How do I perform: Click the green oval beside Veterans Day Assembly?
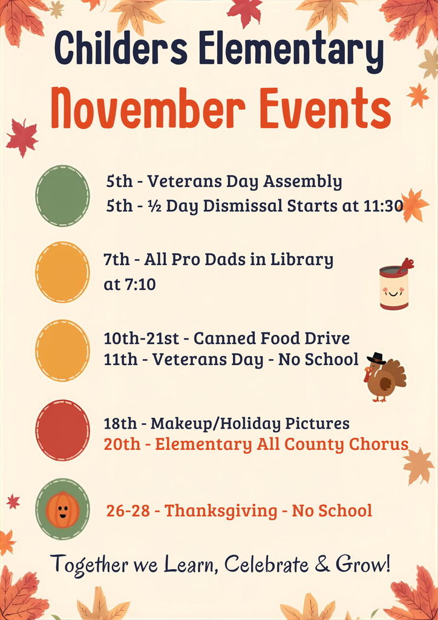pyautogui.click(x=62, y=196)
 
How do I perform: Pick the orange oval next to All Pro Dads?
pyautogui.click(x=62, y=272)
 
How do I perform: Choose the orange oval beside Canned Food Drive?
pyautogui.click(x=62, y=350)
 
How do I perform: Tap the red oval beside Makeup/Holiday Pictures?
pyautogui.click(x=62, y=430)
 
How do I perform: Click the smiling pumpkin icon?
pyautogui.click(x=62, y=509)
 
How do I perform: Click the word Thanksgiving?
pyautogui.click(x=221, y=511)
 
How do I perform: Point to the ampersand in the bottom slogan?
pyautogui.click(x=322, y=564)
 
